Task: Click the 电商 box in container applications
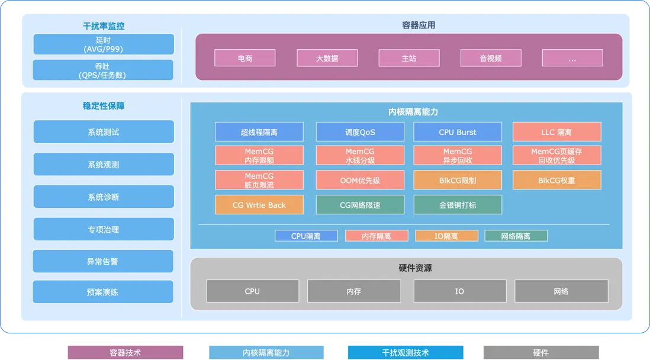coord(244,58)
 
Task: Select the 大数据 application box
coord(327,58)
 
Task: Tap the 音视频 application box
coord(491,58)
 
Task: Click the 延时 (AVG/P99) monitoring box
coord(104,44)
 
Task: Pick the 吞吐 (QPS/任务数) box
coord(104,70)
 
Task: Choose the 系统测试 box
coord(104,132)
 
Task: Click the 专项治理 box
coord(104,229)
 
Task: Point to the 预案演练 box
coord(103,292)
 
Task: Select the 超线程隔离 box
coord(259,132)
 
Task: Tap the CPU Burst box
coord(458,132)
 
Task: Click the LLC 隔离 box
coord(556,132)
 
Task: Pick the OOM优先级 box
coord(360,180)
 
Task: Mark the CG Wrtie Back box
coord(259,205)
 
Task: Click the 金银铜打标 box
coord(458,205)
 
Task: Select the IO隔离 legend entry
coord(446,236)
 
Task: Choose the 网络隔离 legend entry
coord(516,236)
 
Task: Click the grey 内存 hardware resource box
coord(354,291)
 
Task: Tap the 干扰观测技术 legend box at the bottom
coord(406,352)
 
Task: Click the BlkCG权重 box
coord(556,180)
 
